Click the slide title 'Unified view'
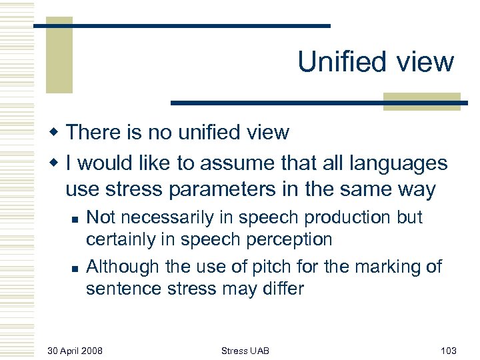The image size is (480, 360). [375, 62]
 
